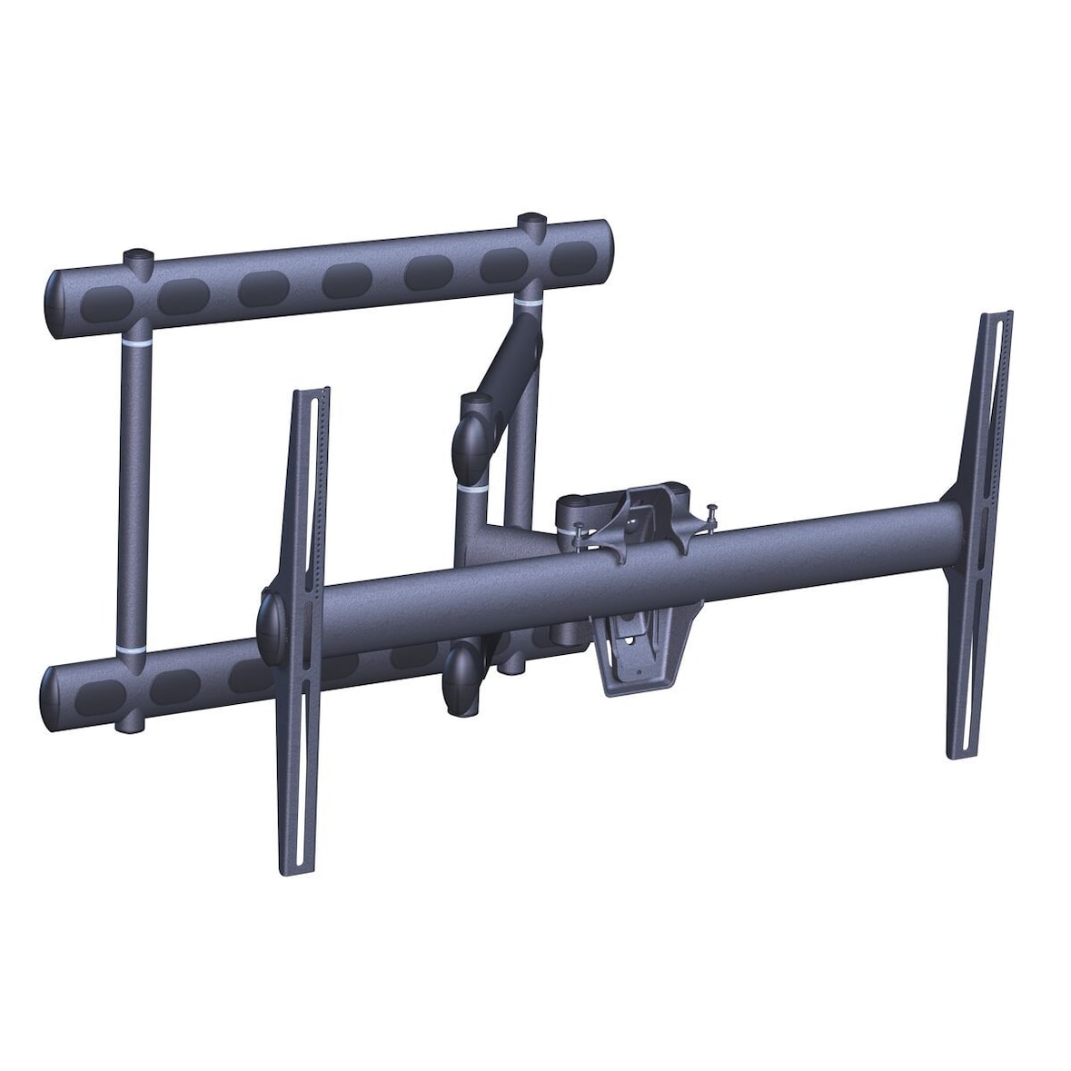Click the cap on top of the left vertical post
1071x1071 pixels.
[139, 258]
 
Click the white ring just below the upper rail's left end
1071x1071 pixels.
[135, 347]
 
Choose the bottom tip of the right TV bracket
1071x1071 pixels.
[958, 756]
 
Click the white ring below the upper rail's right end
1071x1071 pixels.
[528, 297]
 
